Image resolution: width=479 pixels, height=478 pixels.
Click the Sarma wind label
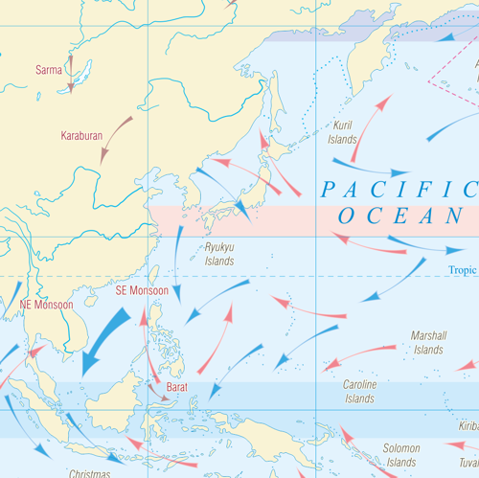pyautogui.click(x=48, y=69)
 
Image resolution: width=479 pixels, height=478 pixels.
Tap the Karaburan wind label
pyautogui.click(x=82, y=136)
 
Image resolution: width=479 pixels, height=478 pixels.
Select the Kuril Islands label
pyautogui.click(x=342, y=132)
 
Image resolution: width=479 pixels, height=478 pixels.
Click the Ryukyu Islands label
pyautogui.click(x=219, y=254)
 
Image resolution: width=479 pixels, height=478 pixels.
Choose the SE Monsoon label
pyautogui.click(x=142, y=290)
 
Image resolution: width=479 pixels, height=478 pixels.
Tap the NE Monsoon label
pyautogui.click(x=46, y=305)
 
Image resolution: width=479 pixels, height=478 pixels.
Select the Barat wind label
pyautogui.click(x=177, y=387)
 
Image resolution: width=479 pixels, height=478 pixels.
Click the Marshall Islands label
pyautogui.click(x=428, y=343)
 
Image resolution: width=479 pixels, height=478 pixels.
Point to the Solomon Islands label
pyautogui.click(x=401, y=455)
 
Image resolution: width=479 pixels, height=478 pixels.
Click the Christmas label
pyautogui.click(x=90, y=473)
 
